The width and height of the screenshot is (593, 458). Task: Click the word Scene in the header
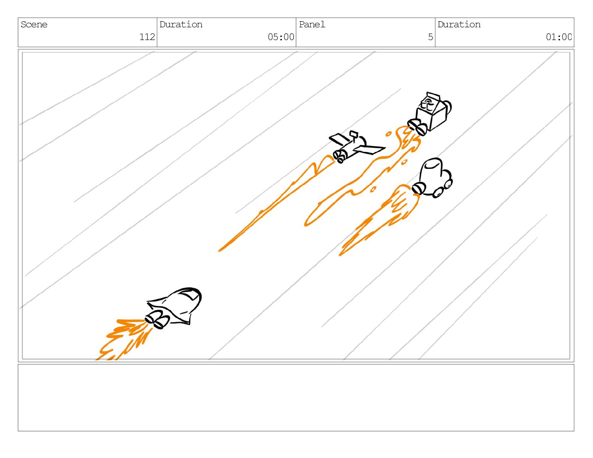pos(34,25)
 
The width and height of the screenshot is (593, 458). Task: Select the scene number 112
pos(147,37)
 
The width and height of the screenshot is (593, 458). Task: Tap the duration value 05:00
pos(280,37)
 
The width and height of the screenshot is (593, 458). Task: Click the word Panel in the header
pos(312,25)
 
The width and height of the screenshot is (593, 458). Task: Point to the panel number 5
pos(431,37)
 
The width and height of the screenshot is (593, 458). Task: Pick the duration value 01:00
pos(559,37)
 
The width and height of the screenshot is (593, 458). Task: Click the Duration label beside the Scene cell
pos(181,25)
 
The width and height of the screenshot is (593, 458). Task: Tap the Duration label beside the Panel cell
pos(459,25)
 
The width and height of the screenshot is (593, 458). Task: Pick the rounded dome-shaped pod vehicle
pos(432,178)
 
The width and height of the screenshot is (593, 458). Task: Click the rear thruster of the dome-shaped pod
pos(418,189)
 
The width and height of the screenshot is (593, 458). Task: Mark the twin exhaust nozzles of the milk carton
pos(417,127)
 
